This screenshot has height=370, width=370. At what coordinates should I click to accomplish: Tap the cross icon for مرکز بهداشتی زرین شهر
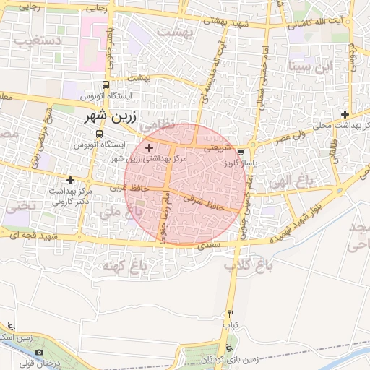point(150,147)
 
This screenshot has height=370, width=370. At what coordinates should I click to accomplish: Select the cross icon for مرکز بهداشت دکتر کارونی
point(70,180)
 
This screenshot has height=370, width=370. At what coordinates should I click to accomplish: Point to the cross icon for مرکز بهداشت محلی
point(345,115)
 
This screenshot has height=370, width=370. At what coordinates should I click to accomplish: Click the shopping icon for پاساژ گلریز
point(241,152)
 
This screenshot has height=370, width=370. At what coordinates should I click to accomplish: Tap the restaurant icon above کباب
point(231,314)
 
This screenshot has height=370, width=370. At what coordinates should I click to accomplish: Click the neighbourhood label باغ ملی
point(119,212)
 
